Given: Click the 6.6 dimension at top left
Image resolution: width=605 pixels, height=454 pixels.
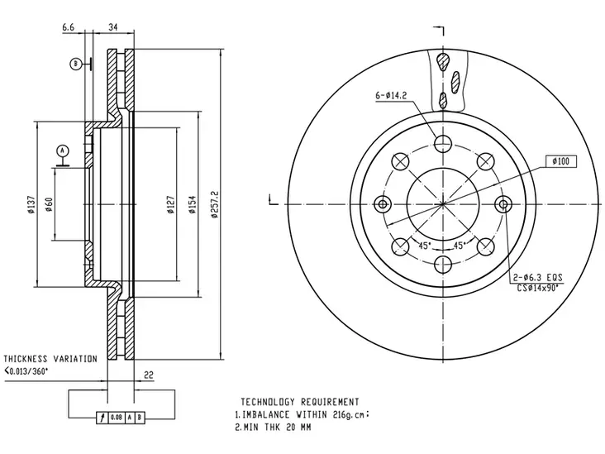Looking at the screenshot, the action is (x=68, y=27).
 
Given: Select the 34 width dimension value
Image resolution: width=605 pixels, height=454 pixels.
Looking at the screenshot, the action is (x=113, y=27).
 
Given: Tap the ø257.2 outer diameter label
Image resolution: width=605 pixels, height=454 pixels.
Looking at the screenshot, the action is (x=215, y=204).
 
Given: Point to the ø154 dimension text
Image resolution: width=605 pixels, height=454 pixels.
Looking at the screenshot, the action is (x=193, y=204).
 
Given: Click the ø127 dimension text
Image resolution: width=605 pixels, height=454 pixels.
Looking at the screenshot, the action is (x=171, y=204).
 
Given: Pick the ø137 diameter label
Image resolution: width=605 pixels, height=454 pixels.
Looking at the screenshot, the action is (x=31, y=204).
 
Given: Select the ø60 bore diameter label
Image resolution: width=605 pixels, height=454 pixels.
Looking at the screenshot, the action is (x=49, y=204).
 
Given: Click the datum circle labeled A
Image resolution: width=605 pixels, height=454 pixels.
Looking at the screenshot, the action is (x=63, y=151).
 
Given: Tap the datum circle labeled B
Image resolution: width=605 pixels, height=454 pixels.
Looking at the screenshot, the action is (x=76, y=64).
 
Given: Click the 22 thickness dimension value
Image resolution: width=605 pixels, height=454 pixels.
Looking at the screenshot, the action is (x=149, y=375).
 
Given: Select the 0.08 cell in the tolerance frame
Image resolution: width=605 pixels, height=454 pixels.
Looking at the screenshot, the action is (x=117, y=418).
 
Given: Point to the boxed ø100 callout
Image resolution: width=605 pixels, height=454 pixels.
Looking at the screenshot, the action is (x=561, y=161).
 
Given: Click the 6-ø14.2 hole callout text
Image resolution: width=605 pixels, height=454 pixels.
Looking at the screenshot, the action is (x=391, y=95).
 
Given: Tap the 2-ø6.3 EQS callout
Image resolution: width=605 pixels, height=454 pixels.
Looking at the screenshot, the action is (x=538, y=277).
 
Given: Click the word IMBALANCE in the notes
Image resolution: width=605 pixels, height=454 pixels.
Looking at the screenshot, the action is (x=266, y=414).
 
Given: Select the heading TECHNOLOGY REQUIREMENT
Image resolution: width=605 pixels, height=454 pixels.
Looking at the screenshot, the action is (x=300, y=402).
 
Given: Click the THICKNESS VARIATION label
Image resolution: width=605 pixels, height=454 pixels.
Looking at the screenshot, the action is (x=50, y=359).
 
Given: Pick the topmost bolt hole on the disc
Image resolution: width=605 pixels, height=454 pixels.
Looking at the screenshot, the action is (x=443, y=144).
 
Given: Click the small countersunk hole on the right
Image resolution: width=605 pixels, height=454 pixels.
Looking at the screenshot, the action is (x=503, y=203).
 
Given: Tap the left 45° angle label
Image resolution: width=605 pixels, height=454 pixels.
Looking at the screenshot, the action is (x=425, y=246).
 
